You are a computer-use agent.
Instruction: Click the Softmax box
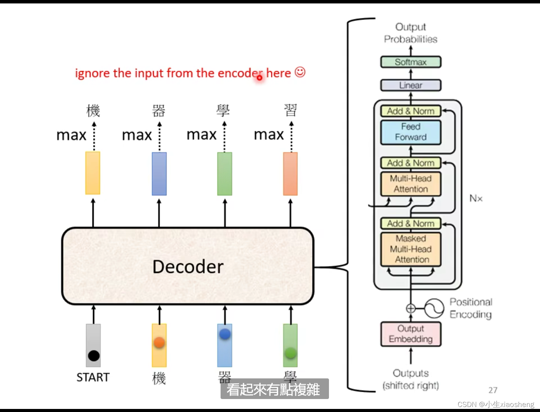[x=411, y=62]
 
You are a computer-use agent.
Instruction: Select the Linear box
[x=411, y=85]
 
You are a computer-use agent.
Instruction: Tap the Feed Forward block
[x=411, y=132]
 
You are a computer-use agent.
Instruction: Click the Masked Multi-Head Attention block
[x=411, y=249]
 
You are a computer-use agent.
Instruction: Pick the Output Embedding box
[x=411, y=334]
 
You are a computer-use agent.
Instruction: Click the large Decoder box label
[x=188, y=267]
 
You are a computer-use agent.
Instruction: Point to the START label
[x=93, y=377]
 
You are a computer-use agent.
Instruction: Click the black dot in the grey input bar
[x=93, y=355]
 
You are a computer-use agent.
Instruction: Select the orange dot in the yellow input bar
[x=159, y=343]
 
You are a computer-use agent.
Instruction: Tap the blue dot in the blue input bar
[x=225, y=334]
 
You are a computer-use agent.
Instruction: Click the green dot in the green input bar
[x=290, y=353]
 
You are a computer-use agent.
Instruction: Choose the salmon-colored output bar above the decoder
[x=290, y=174]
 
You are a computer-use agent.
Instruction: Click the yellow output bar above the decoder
[x=93, y=173]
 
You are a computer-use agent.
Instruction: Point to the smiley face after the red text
[x=300, y=72]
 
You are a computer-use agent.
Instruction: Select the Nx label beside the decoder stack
[x=476, y=198]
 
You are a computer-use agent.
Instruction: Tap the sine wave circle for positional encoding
[x=434, y=308]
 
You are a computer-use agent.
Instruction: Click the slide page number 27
[x=493, y=390]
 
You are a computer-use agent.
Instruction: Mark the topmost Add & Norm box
[x=411, y=111]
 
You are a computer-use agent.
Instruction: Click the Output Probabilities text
[x=411, y=33]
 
